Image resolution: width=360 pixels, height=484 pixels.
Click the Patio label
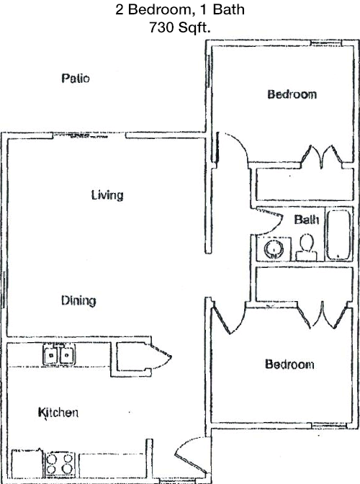click(x=76, y=78)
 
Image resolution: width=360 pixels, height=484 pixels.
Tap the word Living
click(x=107, y=194)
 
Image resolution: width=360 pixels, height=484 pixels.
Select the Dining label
click(x=78, y=300)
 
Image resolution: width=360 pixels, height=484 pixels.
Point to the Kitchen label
click(x=58, y=413)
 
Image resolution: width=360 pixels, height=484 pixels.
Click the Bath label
click(x=306, y=220)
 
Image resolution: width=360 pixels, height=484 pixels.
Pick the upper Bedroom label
click(x=292, y=94)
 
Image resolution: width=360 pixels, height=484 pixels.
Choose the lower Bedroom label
click(x=289, y=364)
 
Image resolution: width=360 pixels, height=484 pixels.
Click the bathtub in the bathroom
click(x=338, y=234)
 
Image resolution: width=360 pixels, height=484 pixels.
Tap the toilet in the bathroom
click(x=307, y=247)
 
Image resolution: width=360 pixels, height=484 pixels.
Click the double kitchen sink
click(x=59, y=354)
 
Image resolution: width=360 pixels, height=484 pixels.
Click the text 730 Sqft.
click(x=180, y=27)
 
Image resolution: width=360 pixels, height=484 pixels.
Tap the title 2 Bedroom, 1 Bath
click(x=180, y=9)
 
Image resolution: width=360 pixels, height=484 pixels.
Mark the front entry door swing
click(x=192, y=456)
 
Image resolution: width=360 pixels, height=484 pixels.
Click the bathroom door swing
click(x=269, y=221)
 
